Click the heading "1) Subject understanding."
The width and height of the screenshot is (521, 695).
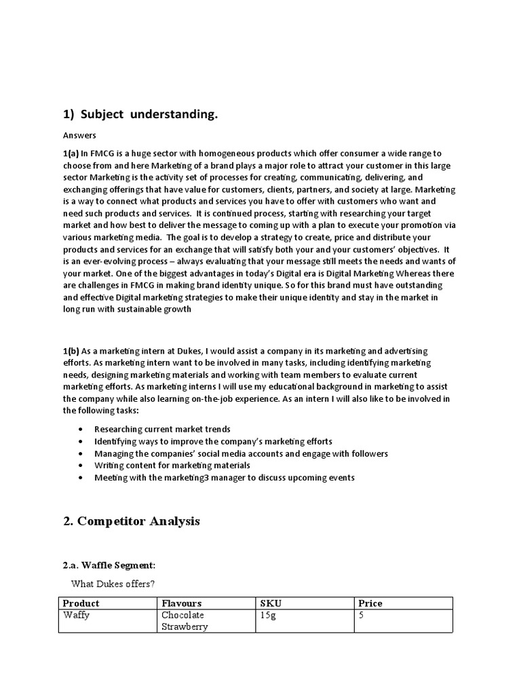tap(140, 115)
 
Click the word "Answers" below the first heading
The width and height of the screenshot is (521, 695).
tap(79, 135)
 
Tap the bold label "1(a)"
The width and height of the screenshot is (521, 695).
tap(71, 154)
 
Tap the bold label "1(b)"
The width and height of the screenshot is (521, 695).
tap(71, 350)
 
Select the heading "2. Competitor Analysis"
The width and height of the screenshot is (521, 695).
tap(132, 521)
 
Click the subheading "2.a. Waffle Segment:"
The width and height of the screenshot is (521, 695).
tap(109, 565)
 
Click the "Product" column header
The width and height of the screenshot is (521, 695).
tap(81, 603)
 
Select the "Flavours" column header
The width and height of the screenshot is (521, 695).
tap(181, 603)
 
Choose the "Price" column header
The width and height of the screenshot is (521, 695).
tap(371, 603)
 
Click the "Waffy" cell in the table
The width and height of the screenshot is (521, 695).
tap(77, 615)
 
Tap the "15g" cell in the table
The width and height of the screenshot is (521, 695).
tap(269, 615)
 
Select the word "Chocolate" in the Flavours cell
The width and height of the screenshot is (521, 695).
tap(183, 615)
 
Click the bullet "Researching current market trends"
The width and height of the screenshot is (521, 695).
tap(162, 429)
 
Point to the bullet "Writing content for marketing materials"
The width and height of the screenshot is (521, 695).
tap(172, 465)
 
